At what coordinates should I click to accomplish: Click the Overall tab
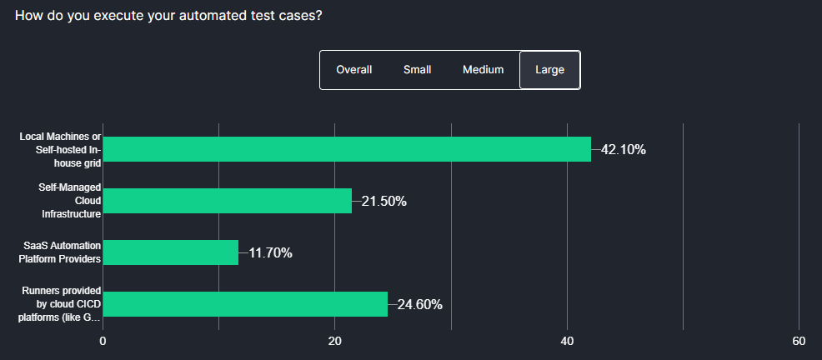point(353,70)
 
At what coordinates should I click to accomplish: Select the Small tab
point(417,70)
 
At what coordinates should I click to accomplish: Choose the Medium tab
point(483,70)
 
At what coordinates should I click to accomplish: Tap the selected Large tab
point(549,70)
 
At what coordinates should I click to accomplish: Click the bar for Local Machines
point(347,149)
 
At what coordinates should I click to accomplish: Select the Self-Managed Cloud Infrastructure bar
point(227,201)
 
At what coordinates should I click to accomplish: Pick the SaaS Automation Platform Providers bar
point(170,252)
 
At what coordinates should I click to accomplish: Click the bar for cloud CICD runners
point(245,304)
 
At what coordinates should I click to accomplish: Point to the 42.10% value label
point(623,150)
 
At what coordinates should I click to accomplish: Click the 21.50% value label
point(383,202)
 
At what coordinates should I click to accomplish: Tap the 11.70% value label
point(270,253)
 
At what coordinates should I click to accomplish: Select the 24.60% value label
point(419,305)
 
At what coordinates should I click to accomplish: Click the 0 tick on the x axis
point(103,342)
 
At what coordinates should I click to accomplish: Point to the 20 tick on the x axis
point(335,342)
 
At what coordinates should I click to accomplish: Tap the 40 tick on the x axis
point(567,342)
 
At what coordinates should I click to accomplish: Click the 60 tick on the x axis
point(799,342)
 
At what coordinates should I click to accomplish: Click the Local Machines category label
point(60,149)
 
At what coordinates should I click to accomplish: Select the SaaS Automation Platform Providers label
point(60,252)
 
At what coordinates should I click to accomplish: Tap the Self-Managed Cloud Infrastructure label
point(70,201)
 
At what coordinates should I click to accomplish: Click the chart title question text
point(168,17)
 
